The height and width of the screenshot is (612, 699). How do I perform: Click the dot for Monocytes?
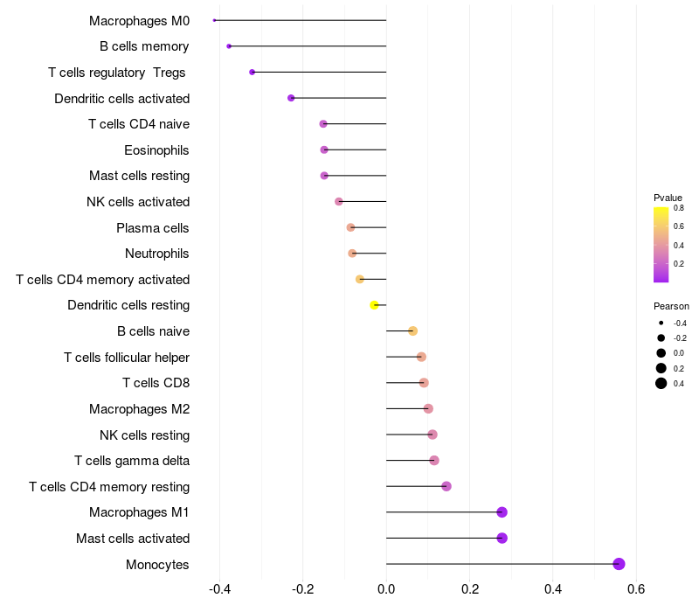(619, 564)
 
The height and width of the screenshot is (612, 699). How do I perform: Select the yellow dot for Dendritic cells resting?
(374, 305)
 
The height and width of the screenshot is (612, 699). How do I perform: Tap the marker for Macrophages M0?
(214, 20)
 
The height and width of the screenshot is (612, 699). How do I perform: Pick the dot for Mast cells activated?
(502, 538)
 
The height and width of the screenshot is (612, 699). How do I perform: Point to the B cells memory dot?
(229, 46)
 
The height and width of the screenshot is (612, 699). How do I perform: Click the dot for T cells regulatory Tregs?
(253, 72)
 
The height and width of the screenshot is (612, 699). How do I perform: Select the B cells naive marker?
(413, 330)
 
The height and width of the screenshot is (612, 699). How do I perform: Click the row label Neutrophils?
(157, 254)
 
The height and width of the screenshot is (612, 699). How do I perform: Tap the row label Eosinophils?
(156, 150)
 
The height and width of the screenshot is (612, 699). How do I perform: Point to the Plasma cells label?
(153, 228)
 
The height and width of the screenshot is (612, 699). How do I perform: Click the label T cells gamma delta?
(132, 461)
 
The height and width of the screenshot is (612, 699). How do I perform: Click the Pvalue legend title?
(668, 198)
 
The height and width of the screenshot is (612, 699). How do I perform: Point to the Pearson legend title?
(671, 307)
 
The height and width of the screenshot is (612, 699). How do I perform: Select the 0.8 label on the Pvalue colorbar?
(678, 208)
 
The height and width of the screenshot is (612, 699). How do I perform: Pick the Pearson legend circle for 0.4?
(661, 383)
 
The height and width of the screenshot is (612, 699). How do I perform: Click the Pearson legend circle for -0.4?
(661, 323)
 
